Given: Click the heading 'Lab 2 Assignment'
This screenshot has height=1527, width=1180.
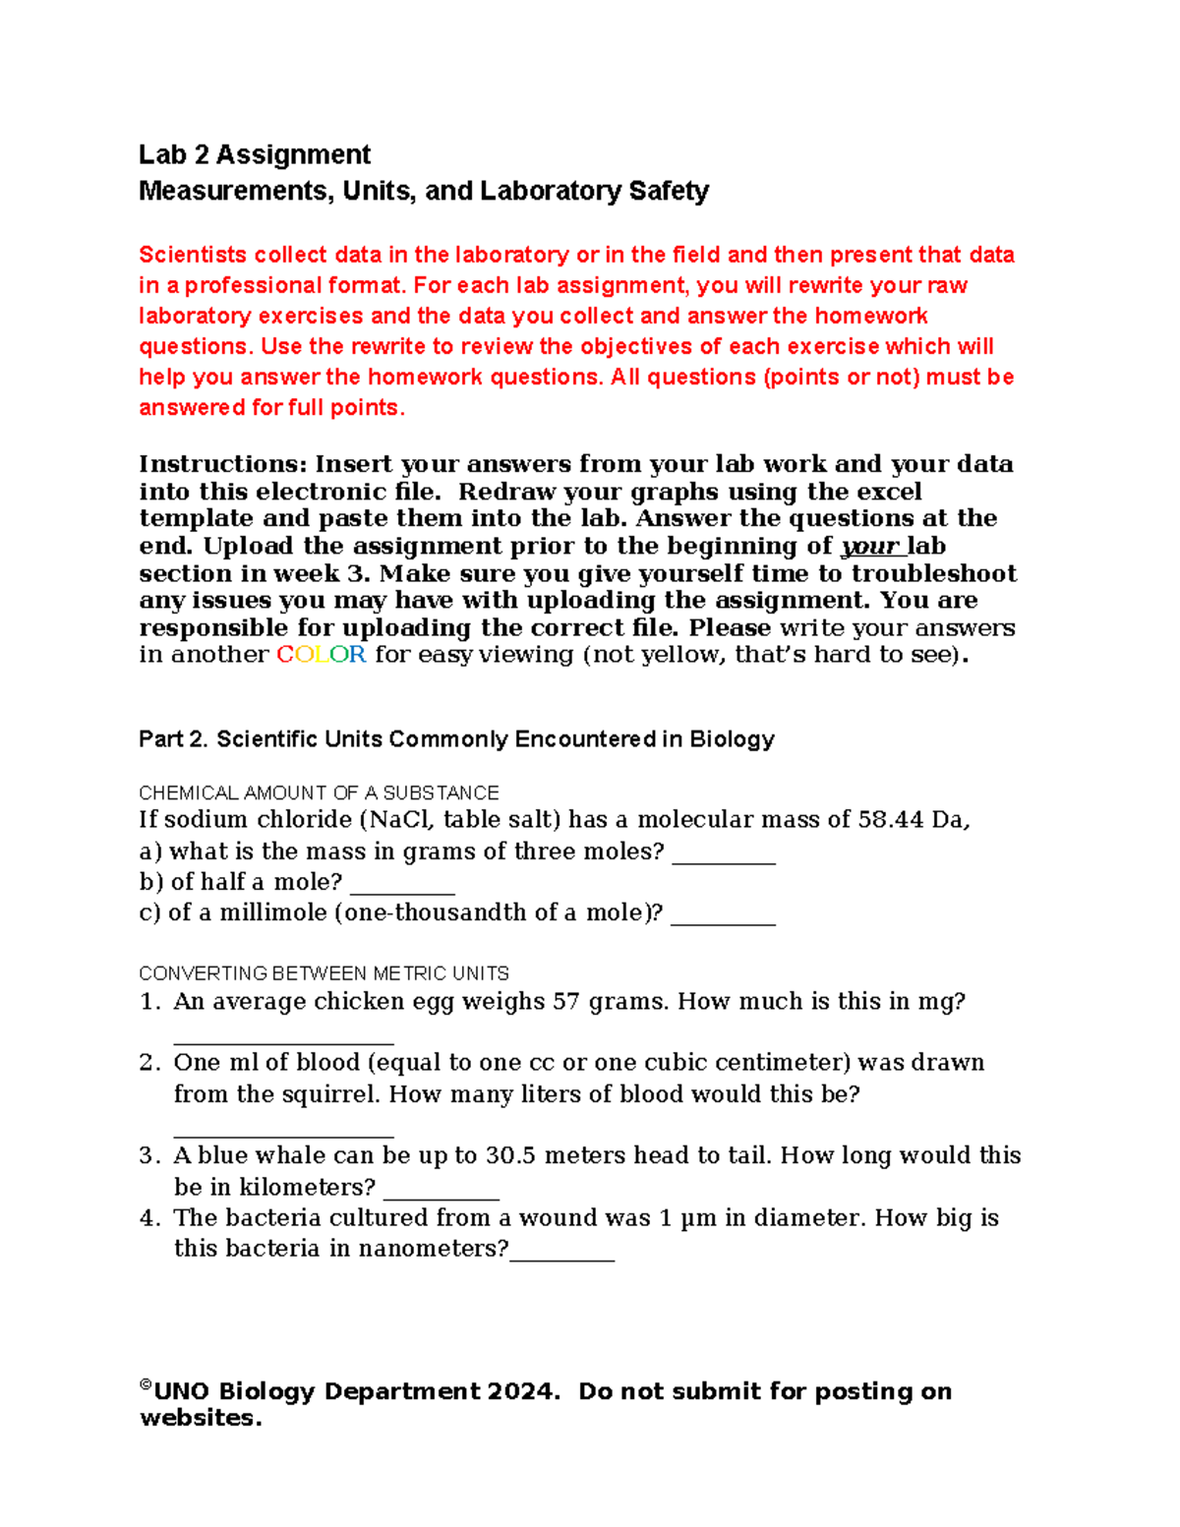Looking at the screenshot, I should point(254,155).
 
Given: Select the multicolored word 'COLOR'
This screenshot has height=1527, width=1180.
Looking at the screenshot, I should point(322,655).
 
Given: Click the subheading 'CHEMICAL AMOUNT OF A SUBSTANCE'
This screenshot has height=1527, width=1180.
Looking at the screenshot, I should point(319,793).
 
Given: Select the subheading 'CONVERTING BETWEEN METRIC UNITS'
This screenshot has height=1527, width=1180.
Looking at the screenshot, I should point(324,973).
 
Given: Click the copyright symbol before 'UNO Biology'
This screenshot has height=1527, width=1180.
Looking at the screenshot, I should point(146,1385).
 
